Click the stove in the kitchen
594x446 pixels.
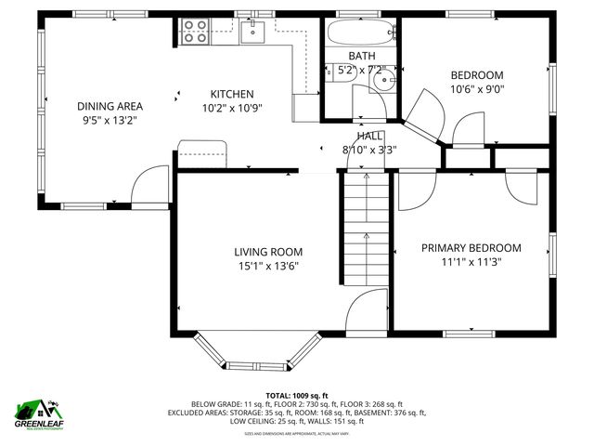(195, 32)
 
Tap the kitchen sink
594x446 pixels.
(252, 33)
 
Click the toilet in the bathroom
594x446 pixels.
(336, 78)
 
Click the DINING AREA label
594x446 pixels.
(110, 106)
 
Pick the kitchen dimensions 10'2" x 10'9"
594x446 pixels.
(232, 108)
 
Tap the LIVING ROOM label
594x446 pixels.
(268, 252)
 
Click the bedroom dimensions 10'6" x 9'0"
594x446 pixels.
(477, 90)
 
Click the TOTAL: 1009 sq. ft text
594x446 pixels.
(297, 396)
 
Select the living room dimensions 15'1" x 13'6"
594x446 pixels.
(268, 266)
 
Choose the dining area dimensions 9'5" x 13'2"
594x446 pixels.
(110, 120)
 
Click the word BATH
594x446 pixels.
(361, 57)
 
